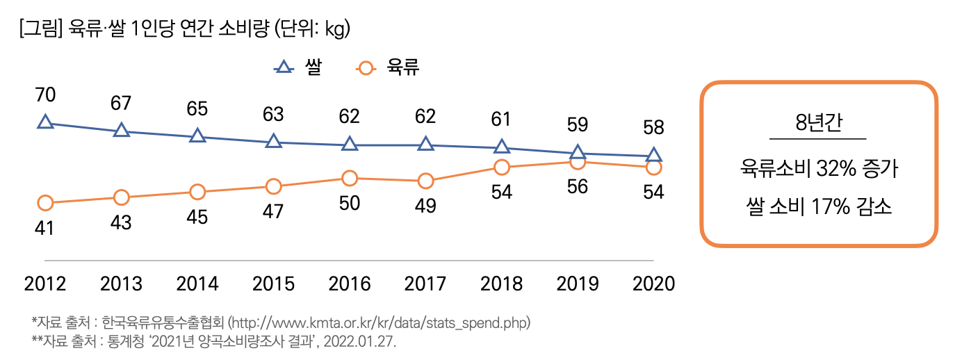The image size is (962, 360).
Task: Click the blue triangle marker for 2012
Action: (x=45, y=122)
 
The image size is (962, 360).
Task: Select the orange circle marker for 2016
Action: (x=350, y=179)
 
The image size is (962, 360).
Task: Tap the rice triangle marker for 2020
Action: (x=653, y=155)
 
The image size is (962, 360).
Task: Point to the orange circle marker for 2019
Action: (x=577, y=162)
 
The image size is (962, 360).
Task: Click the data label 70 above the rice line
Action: (x=45, y=95)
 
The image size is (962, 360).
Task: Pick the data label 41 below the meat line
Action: (x=44, y=228)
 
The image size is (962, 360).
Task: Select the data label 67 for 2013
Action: (x=121, y=102)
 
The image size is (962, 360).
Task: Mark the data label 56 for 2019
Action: (x=578, y=187)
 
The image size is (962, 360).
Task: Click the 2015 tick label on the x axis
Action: (x=273, y=284)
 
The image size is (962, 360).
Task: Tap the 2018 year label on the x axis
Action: (x=501, y=284)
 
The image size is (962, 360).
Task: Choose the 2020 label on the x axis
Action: (x=653, y=284)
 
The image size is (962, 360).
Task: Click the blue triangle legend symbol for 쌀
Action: (x=283, y=68)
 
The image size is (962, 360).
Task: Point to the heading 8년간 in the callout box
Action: (x=817, y=123)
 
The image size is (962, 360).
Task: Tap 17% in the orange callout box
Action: (x=828, y=206)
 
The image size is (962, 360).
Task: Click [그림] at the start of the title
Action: (x=42, y=29)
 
